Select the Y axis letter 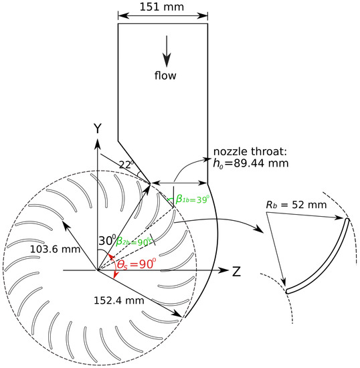click(x=97, y=126)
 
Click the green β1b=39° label click(x=192, y=199)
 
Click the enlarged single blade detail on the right click(x=318, y=258)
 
